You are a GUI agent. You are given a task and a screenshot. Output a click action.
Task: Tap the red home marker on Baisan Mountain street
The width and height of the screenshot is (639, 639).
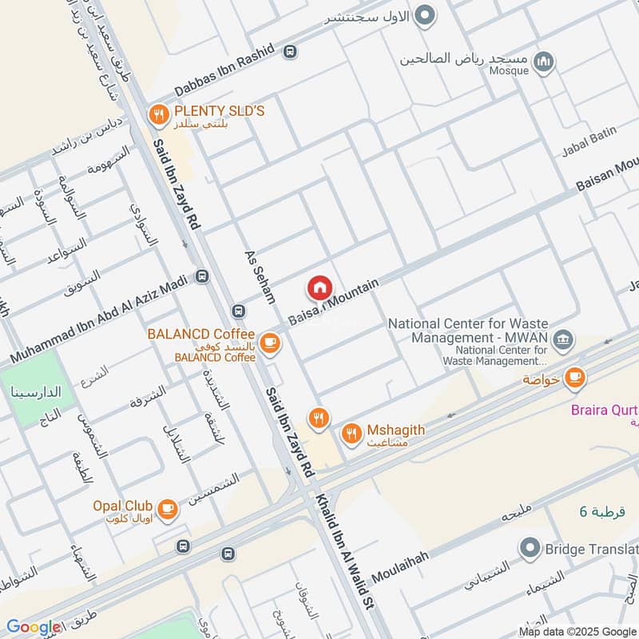coord(319,288)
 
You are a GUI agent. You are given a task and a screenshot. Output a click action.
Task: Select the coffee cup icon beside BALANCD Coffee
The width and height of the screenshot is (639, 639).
coord(271,343)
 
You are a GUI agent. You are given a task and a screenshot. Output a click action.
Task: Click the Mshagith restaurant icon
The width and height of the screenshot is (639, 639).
coord(351,435)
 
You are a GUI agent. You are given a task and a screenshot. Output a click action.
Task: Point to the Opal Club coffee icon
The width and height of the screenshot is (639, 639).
coord(167,509)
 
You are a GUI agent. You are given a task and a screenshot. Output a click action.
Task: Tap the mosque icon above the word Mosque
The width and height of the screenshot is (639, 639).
coord(544,61)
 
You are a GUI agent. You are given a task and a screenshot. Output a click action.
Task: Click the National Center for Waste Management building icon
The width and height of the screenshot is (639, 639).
coord(564,339)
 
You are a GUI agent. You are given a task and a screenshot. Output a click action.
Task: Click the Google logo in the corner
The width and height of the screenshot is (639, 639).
coord(34,627)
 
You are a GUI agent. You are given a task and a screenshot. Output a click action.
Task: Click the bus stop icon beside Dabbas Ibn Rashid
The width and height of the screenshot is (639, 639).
coord(289,51)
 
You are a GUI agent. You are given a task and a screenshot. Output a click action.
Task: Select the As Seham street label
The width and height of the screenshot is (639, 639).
coord(260,276)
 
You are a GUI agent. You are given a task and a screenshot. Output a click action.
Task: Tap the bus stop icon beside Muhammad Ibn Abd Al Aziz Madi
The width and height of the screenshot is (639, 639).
coord(202,276)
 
